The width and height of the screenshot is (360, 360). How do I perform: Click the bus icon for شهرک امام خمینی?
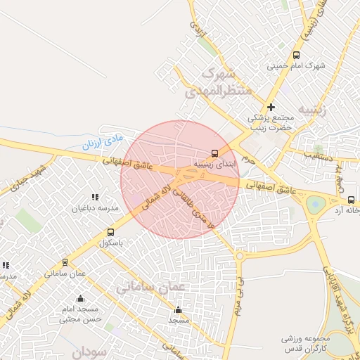coord(296,55)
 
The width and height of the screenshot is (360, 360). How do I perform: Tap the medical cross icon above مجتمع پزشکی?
coord(271,107)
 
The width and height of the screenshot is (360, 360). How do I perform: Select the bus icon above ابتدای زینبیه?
coord(214,153)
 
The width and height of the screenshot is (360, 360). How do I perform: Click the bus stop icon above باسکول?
coord(110,232)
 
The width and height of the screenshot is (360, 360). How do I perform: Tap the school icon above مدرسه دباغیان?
coord(95,198)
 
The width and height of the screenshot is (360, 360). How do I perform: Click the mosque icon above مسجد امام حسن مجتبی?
coord(80,298)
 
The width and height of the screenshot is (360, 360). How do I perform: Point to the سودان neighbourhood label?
coord(87,351)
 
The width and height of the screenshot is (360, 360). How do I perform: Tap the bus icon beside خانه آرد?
coord(352,199)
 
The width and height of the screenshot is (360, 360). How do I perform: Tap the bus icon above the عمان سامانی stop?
coord(65,262)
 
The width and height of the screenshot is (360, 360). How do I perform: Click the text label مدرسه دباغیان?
coord(96,209)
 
